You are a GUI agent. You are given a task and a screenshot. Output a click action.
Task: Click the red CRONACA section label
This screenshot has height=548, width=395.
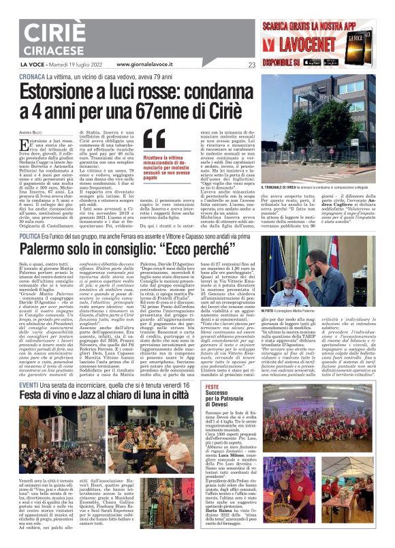[31, 77]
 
